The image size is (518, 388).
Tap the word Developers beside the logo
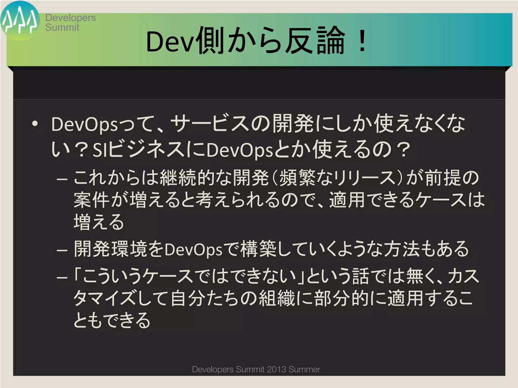[x=71, y=18]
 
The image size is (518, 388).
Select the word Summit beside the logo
[x=62, y=27]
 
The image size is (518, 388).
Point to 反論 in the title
[x=315, y=40]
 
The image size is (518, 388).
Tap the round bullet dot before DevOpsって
[x=35, y=124]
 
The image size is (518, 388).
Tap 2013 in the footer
[x=276, y=369]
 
